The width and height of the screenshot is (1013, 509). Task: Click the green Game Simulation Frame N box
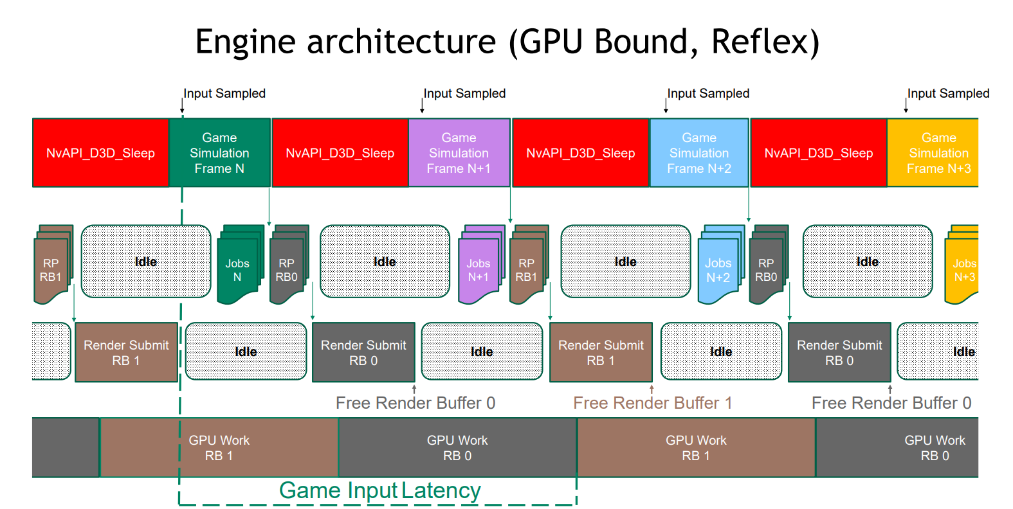coord(219,153)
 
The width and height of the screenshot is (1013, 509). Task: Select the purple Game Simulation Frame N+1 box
coord(459,153)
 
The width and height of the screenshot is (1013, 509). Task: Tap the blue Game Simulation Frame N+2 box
coord(698,153)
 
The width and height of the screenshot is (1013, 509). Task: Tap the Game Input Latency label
coord(379,490)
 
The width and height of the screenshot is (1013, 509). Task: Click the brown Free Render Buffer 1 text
coord(652,403)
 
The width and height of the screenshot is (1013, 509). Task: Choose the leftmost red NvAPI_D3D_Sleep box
coord(100,153)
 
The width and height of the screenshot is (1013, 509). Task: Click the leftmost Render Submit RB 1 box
coord(126,353)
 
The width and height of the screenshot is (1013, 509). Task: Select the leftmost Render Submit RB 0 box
coord(363,353)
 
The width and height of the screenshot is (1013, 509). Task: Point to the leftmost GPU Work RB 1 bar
coord(219,448)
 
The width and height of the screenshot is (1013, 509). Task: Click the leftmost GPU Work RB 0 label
coord(457,448)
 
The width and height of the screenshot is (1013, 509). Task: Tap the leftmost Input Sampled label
coord(224,93)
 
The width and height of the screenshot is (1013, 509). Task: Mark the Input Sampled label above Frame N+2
coord(708,93)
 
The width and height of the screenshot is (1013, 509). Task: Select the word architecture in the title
coord(401,42)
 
